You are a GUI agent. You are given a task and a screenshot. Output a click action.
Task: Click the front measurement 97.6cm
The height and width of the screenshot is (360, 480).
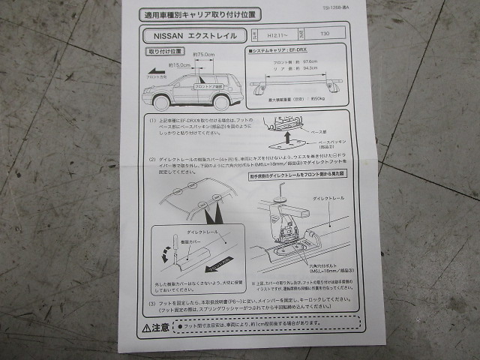[x=298, y=62]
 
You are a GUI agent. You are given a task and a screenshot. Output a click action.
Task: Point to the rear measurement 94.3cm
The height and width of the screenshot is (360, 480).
[x=298, y=68]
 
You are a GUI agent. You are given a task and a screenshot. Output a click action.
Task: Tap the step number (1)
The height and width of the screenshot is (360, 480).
[x=152, y=120]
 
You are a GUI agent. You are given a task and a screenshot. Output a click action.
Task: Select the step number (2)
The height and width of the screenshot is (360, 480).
[x=152, y=159]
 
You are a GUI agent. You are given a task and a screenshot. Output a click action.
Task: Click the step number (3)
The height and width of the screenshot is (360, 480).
[x=152, y=303]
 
